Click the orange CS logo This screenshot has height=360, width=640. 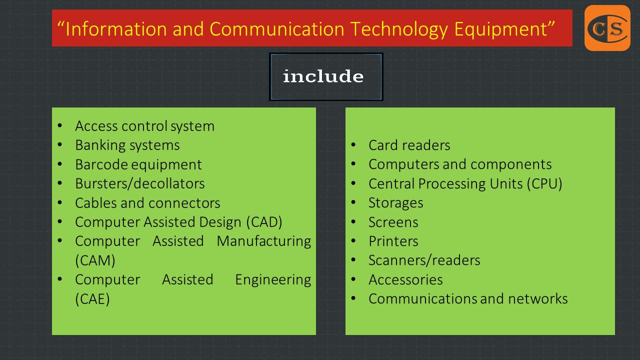pos(607,28)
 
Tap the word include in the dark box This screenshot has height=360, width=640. pos(323,76)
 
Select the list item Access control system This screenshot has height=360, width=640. pos(144,126)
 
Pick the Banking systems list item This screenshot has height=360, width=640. pos(127,145)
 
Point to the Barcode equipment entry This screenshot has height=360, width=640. pos(138,164)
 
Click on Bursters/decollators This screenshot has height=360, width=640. pos(139,183)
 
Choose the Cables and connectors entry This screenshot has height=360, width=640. pos(147,203)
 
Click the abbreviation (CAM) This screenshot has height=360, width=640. pos(95,260)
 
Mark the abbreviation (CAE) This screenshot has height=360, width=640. pos(92,299)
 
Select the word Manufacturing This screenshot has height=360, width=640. pos(263,241)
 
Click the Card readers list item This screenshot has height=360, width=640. pos(409,145)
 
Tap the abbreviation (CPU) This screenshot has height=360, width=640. pos(544,183)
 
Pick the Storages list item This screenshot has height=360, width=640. pos(395,203)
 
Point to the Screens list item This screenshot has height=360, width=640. pos(393,222)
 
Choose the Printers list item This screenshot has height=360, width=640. pos(393,241)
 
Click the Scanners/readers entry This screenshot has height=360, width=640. pos(424,260)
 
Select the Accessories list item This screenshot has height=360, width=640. pos(405,279)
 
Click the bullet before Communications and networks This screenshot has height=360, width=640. pos(353,298)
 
